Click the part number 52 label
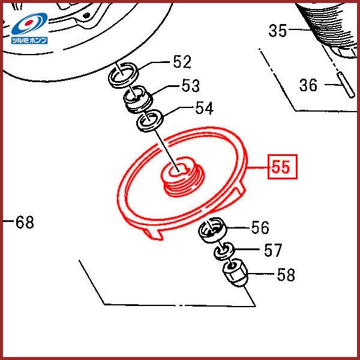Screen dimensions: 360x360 (182, 62)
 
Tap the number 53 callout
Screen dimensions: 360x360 (191, 85)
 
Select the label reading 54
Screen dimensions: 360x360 (205, 108)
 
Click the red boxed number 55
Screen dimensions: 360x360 (283, 167)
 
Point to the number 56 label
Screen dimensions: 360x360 (260, 227)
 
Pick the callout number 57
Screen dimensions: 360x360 (273, 250)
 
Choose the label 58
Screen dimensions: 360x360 (286, 275)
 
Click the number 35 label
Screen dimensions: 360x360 (278, 31)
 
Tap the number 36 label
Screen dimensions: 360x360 (308, 85)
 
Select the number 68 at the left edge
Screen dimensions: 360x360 (25, 222)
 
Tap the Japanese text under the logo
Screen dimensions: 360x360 (29, 40)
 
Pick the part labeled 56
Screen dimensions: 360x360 (212, 230)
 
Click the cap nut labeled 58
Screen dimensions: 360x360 (236, 272)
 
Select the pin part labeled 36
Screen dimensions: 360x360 (346, 85)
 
